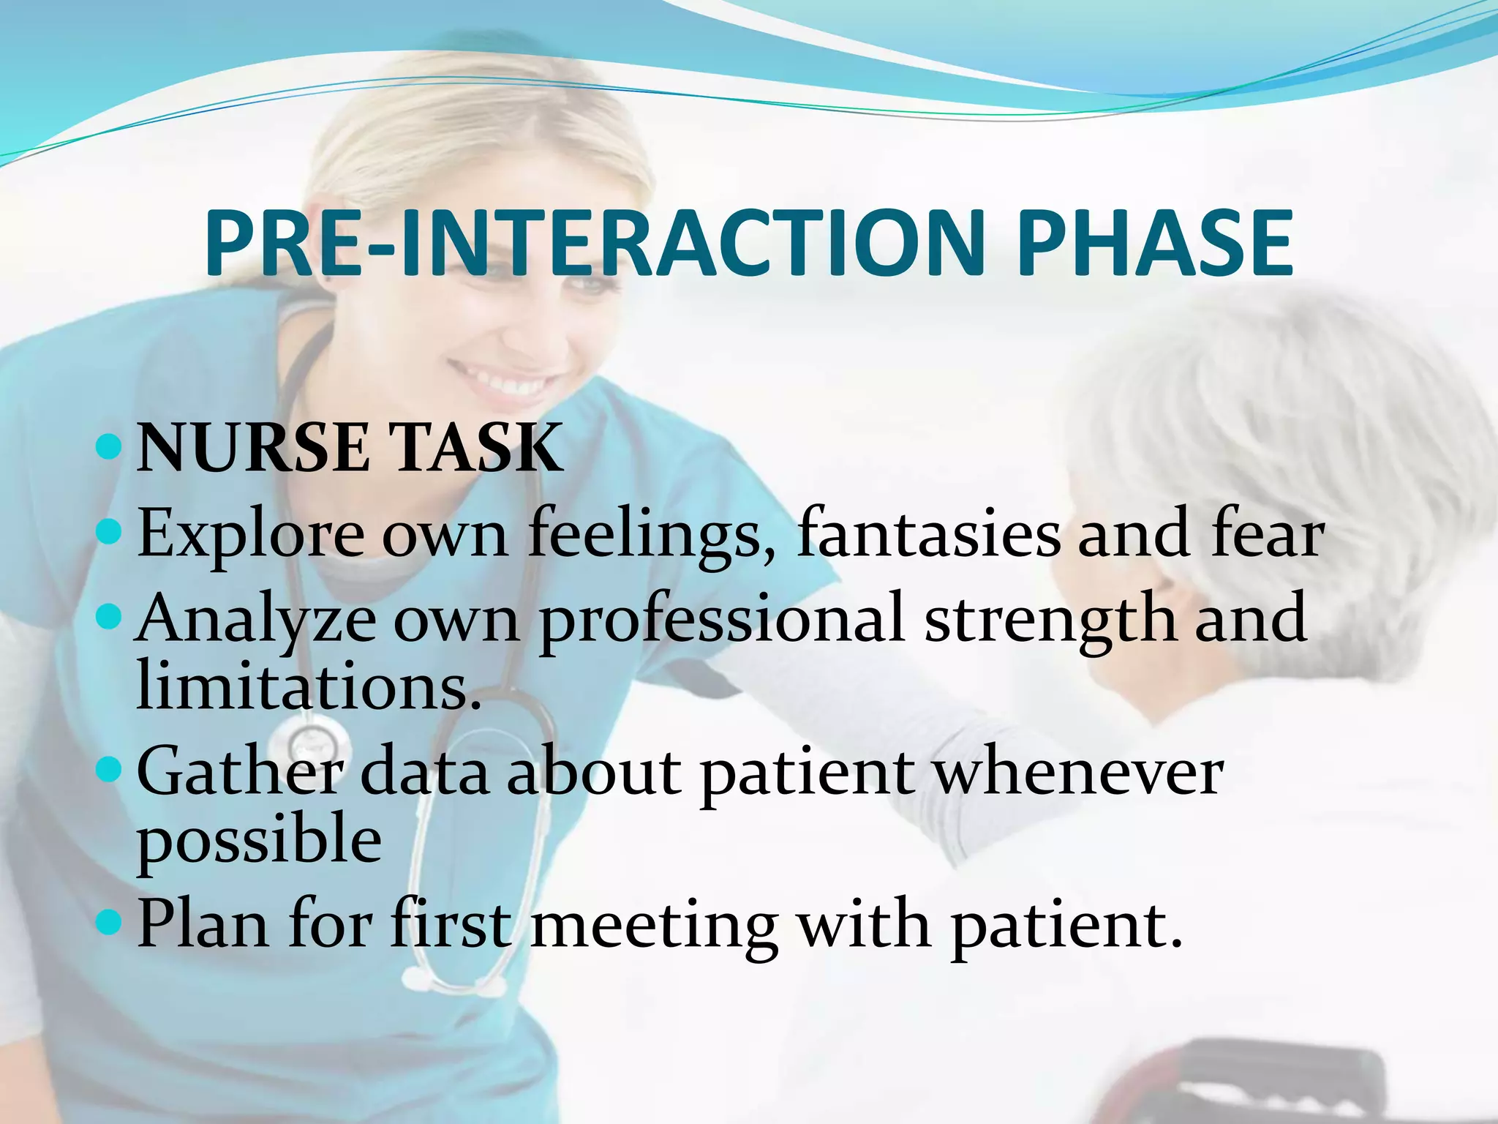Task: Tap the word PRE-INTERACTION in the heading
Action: coord(592,243)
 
